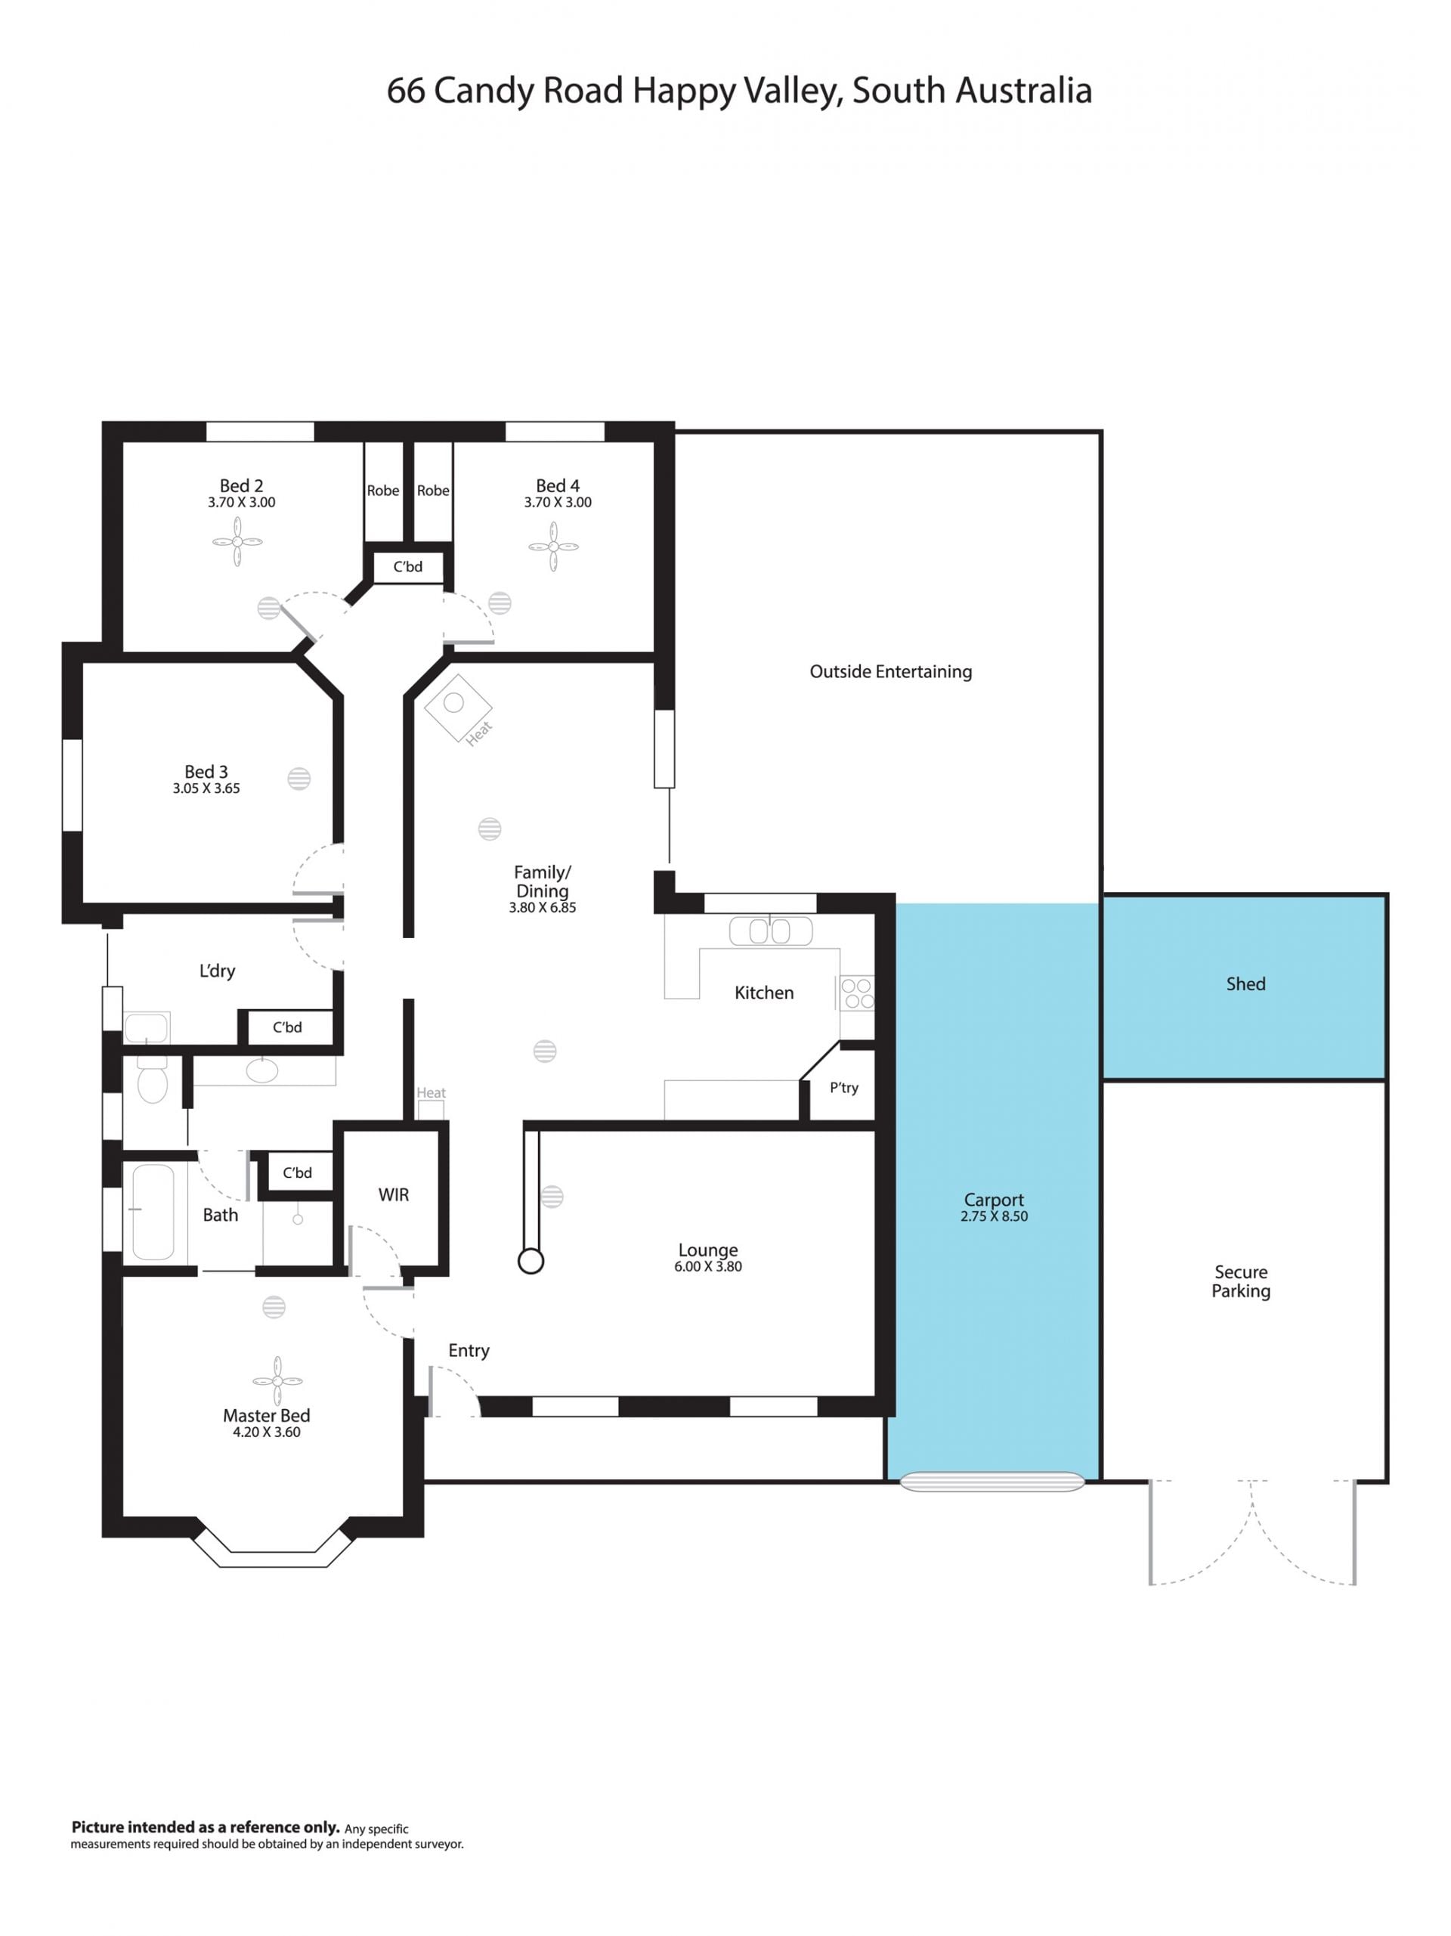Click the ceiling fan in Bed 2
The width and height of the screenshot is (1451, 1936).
(237, 541)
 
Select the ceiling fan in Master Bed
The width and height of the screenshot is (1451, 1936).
(277, 1380)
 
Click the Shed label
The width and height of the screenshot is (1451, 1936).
(1245, 983)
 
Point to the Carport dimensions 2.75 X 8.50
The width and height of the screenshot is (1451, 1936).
(995, 1216)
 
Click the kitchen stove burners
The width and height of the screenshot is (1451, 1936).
(857, 993)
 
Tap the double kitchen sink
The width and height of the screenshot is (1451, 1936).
(771, 931)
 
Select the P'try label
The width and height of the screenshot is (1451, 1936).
(843, 1088)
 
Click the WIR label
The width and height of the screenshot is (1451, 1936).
(393, 1194)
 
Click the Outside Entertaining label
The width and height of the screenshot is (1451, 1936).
(891, 671)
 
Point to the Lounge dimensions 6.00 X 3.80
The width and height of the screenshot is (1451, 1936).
(708, 1265)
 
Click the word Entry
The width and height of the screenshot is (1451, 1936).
(469, 1350)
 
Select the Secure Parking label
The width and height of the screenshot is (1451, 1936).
(1241, 1281)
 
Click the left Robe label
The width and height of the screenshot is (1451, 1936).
(382, 491)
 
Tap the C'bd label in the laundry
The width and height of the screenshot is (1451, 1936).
(287, 1027)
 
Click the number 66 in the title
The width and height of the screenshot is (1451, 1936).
(406, 91)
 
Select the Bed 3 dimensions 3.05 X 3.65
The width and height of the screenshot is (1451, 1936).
(206, 788)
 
